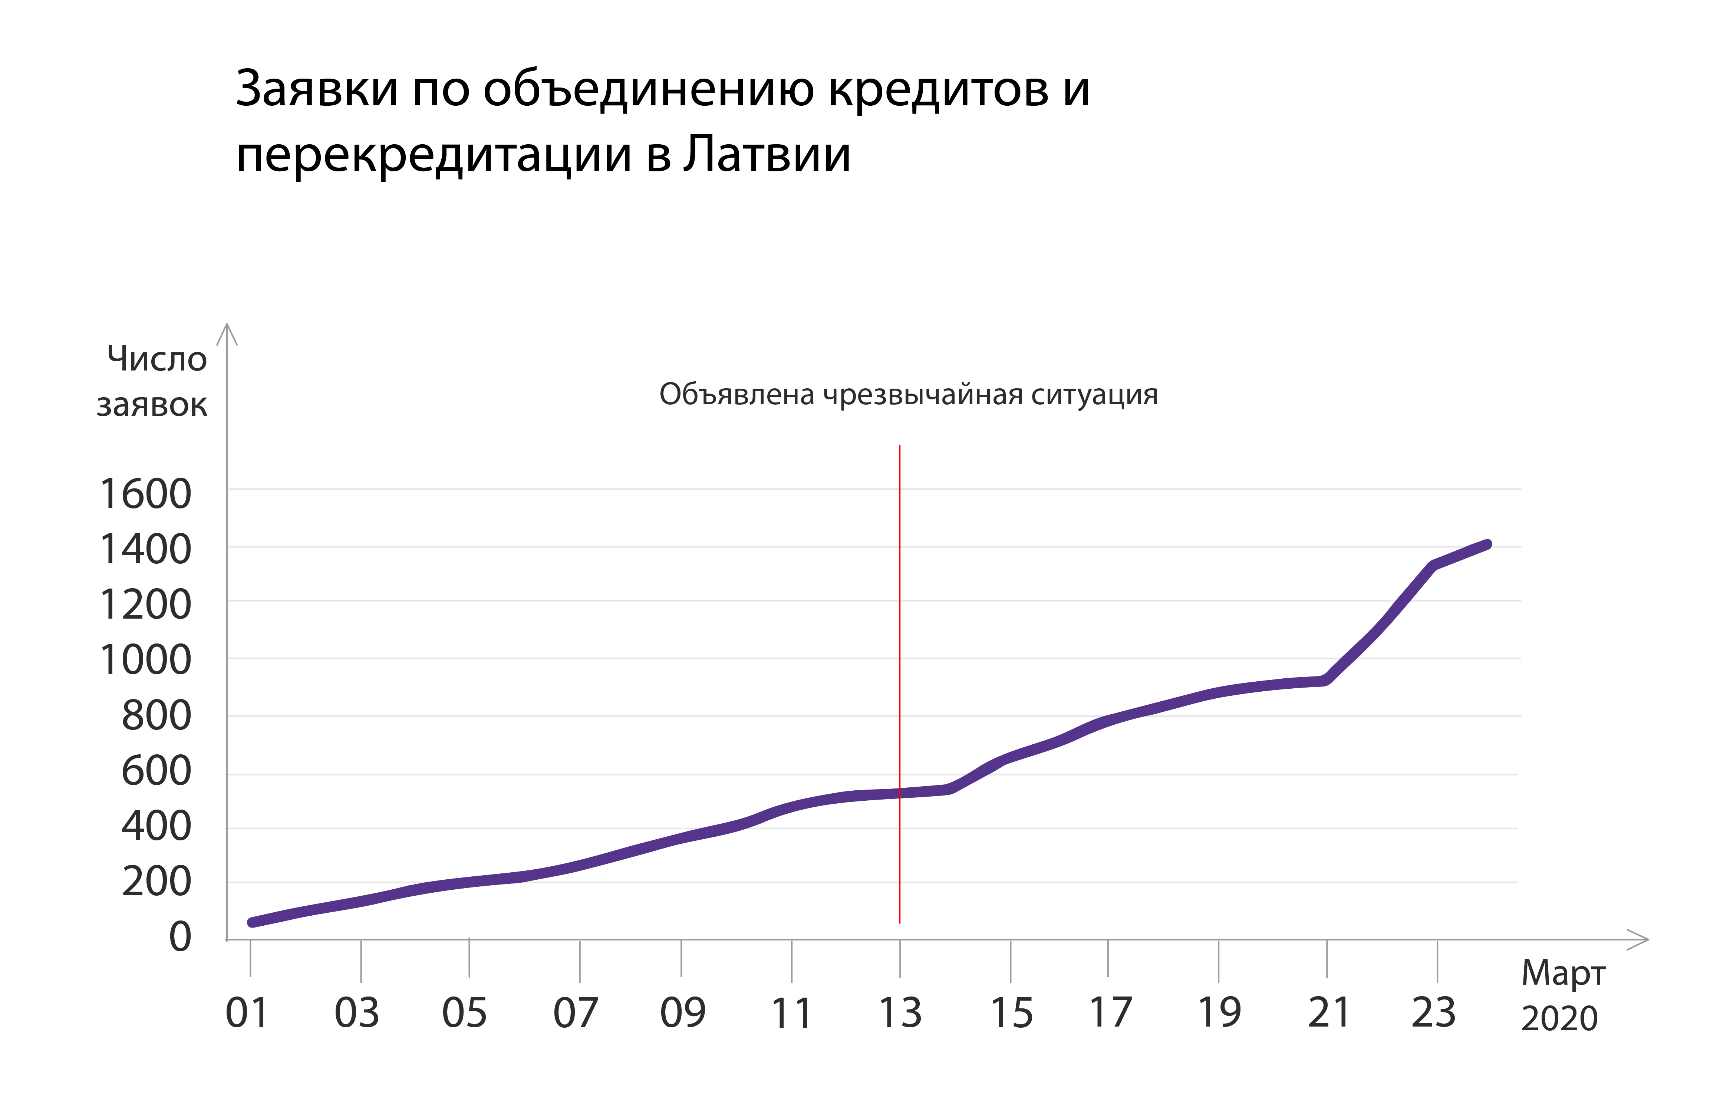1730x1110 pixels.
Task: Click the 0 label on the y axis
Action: (180, 937)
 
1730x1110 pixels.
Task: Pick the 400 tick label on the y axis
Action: (156, 826)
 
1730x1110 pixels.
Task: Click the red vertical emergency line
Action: (899, 649)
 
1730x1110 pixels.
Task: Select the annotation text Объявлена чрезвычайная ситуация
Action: (908, 395)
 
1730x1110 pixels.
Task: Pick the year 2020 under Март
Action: (1559, 1018)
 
